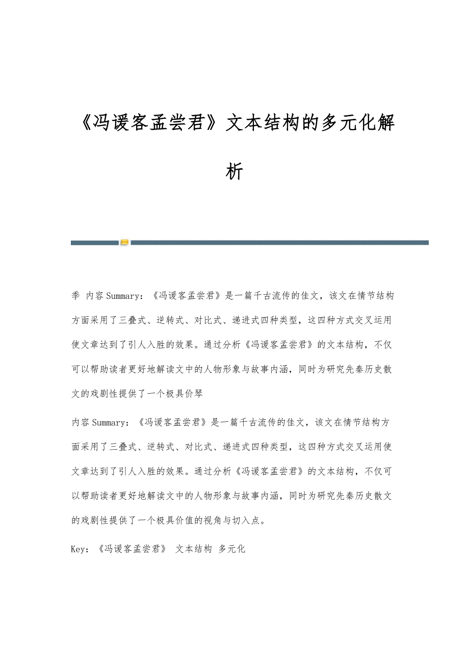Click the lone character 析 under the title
234,172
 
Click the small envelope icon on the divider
124,243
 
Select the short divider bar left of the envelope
95,243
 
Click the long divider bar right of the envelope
279,243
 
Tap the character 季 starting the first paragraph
75,296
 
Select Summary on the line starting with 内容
107,422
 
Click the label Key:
81,549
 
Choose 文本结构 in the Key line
194,549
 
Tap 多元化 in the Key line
232,549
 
